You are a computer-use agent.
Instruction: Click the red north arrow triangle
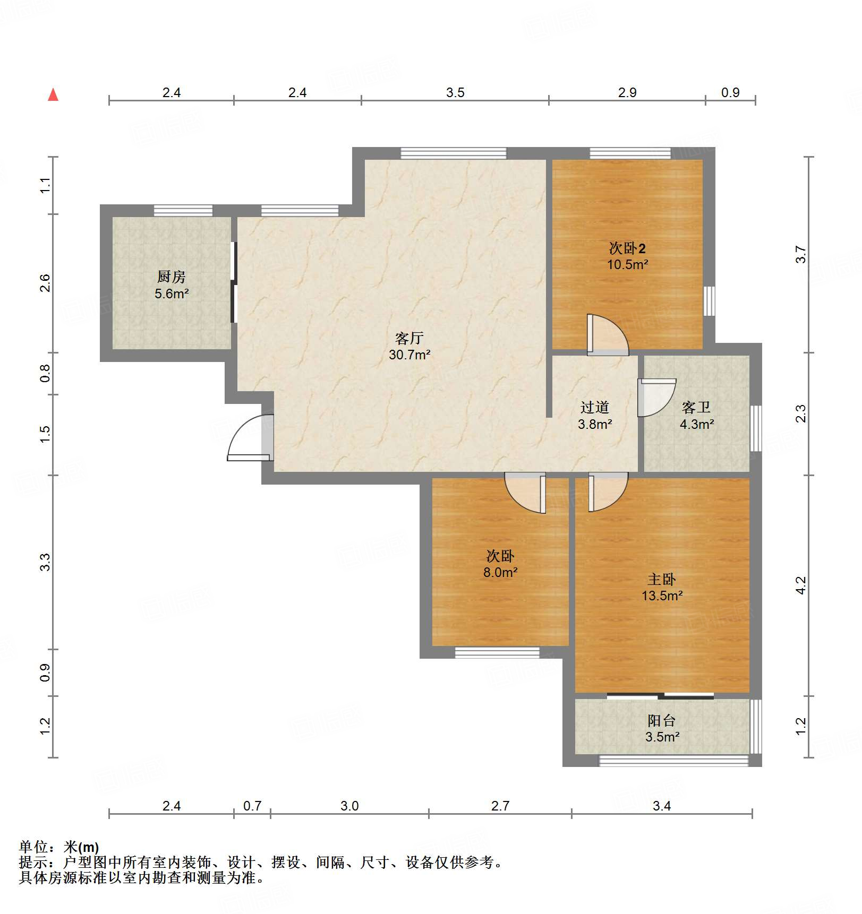pos(53,95)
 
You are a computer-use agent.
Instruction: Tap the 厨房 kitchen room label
pos(171,277)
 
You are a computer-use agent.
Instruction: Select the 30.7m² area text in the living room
pos(409,355)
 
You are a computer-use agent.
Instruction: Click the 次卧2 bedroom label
pos(627,248)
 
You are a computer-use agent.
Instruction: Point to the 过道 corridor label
pos(594,407)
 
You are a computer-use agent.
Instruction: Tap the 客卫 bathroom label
pos(696,407)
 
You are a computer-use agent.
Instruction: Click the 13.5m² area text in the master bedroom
pos(662,596)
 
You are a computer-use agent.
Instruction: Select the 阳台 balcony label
pos(661,720)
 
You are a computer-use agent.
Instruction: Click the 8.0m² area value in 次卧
pos(500,572)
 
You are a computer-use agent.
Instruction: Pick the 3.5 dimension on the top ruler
pos(455,93)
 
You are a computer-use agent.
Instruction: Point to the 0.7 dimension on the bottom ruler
pos(252,806)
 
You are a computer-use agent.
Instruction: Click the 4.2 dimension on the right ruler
pos(801,585)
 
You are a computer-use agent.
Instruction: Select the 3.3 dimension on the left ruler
pos(46,562)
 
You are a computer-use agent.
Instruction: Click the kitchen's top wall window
pos(183,211)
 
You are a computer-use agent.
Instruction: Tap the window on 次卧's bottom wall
pos(497,652)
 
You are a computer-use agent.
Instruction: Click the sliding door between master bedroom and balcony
pos(660,696)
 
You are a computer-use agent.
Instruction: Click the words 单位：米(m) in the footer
pos(59,847)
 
